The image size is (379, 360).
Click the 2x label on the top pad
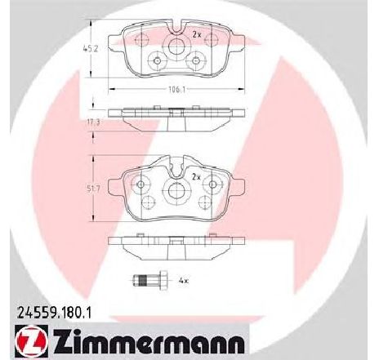point(196,33)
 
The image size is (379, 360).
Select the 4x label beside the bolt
point(185,282)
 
